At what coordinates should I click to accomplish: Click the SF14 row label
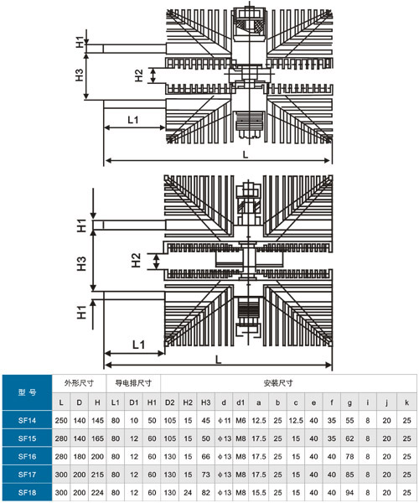tap(27, 420)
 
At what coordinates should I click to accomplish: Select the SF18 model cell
tap(27, 492)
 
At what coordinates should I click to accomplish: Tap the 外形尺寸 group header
tap(79, 383)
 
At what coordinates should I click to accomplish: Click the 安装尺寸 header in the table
tap(278, 383)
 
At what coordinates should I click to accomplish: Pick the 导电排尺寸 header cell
tap(133, 383)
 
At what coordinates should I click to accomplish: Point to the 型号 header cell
tap(27, 392)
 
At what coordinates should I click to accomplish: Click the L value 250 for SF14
tap(61, 420)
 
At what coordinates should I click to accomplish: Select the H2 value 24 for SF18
tap(188, 492)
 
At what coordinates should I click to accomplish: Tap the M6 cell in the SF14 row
tap(241, 420)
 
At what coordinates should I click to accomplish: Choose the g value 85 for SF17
tap(349, 474)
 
